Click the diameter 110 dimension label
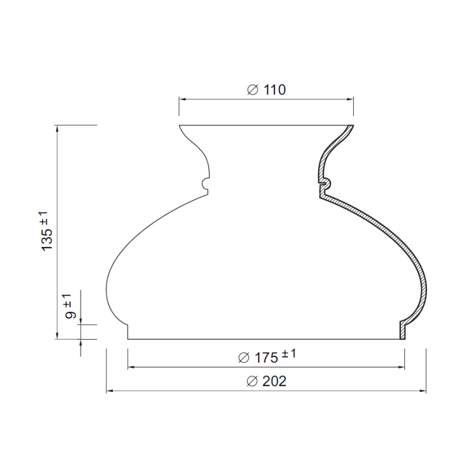point(266,90)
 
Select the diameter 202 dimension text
point(266,381)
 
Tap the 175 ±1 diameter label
point(267,356)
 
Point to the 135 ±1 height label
point(46,231)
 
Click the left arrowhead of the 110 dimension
point(182,99)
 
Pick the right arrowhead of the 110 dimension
point(350,99)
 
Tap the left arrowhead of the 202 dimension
point(110,391)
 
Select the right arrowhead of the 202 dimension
point(422,391)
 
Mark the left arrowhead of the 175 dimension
point(131,367)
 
